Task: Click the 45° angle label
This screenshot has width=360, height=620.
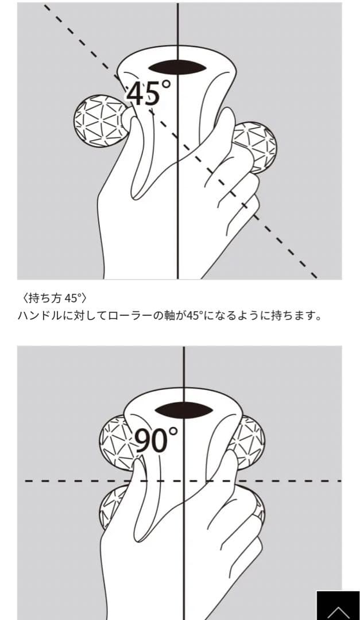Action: pos(149,94)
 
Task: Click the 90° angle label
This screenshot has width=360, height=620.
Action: pos(157,439)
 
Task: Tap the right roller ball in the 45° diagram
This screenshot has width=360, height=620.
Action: pos(258,146)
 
